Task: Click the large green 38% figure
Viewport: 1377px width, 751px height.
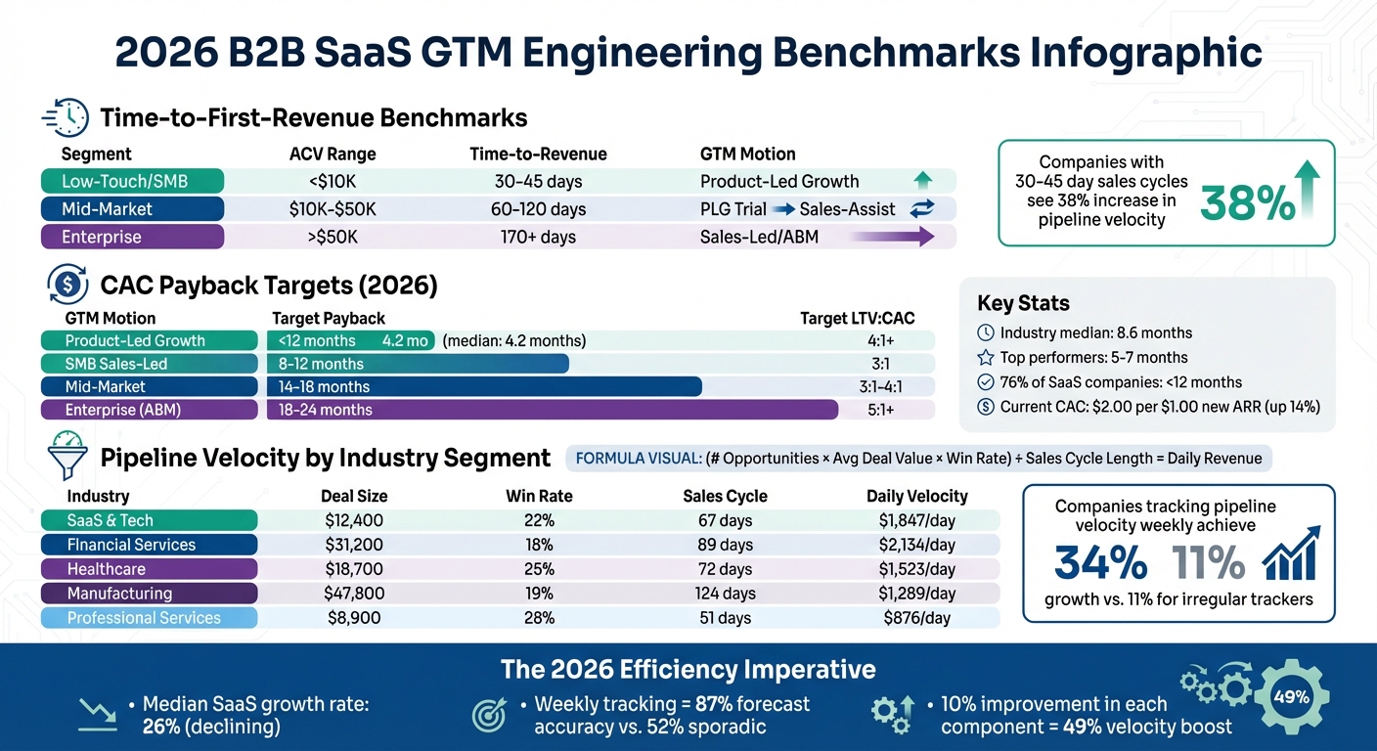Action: [x=1247, y=202]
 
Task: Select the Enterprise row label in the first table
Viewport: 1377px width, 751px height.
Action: [x=131, y=237]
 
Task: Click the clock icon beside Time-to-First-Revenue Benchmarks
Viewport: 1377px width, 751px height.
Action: [x=67, y=118]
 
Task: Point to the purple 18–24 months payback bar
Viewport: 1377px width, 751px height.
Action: [x=553, y=410]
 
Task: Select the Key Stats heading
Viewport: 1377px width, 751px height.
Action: [x=1023, y=303]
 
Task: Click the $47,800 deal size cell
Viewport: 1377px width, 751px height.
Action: [x=353, y=594]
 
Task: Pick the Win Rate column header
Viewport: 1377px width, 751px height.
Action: [x=538, y=496]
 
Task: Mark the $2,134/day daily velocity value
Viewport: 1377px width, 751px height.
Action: [x=917, y=545]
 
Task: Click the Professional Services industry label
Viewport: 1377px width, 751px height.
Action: [x=144, y=618]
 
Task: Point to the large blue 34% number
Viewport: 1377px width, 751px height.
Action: [x=1100, y=563]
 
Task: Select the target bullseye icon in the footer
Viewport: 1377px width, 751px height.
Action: [x=489, y=715]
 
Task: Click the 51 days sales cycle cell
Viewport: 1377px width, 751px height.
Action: [x=725, y=618]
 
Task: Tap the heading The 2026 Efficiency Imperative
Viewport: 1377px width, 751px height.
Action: [x=688, y=669]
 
